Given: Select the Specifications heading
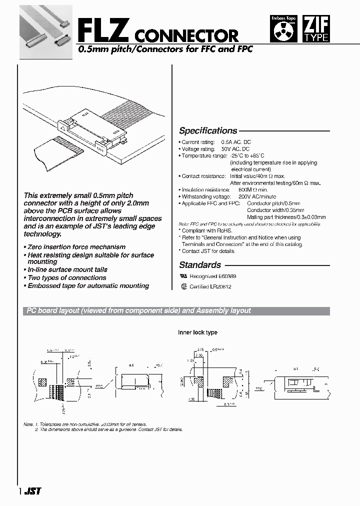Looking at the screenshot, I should click(x=208, y=131).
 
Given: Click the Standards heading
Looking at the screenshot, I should click(x=200, y=265).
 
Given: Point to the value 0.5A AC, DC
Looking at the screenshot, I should click(x=235, y=142).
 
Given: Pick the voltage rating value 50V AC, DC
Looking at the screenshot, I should click(x=235, y=149).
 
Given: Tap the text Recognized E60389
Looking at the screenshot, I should click(x=212, y=276).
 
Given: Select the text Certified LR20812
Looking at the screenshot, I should click(x=210, y=287).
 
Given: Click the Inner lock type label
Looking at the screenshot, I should click(x=197, y=332).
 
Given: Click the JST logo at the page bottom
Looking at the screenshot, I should click(x=33, y=491).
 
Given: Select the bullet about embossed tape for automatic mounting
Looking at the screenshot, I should click(x=88, y=286).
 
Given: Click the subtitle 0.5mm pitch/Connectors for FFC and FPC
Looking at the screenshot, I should click(x=165, y=49).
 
